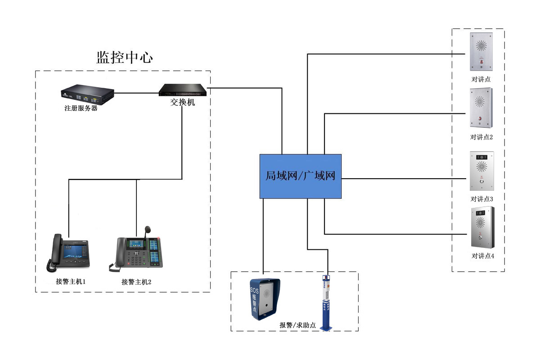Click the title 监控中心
125,58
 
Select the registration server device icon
87,94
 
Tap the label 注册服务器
81,108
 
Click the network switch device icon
183,90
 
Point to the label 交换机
183,103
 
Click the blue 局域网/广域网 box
300,176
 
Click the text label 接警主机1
71,282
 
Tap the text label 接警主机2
136,282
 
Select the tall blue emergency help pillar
326,302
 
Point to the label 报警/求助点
297,325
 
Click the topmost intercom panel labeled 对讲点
481,51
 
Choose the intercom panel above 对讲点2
481,108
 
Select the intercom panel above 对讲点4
482,227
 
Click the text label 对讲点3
482,199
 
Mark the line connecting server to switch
136,94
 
